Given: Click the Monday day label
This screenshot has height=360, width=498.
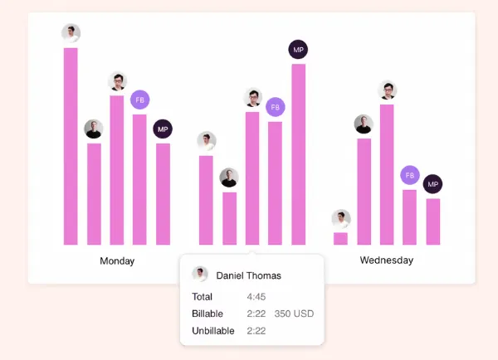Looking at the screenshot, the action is [x=117, y=261].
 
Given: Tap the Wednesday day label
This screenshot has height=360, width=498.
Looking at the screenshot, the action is [x=387, y=260].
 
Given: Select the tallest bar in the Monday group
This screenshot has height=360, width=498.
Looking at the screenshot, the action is [x=71, y=146].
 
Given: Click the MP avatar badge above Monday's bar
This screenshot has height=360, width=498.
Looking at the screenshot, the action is [x=163, y=129].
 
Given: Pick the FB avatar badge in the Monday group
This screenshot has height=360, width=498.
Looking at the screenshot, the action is [x=139, y=100].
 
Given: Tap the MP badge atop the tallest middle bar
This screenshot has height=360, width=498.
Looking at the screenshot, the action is [x=298, y=50].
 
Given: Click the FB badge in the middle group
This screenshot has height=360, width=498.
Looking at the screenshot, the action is [x=276, y=107].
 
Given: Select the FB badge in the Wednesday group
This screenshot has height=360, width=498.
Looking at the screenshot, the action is [x=410, y=175].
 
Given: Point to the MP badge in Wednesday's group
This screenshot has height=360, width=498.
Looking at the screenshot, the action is [x=432, y=184].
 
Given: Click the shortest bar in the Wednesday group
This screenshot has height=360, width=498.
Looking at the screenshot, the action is [x=340, y=239].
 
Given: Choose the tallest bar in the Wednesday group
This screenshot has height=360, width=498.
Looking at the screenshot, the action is [x=387, y=174].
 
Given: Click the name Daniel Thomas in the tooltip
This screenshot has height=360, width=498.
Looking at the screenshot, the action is [x=249, y=275].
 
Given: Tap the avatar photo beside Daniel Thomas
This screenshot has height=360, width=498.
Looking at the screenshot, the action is [x=200, y=274].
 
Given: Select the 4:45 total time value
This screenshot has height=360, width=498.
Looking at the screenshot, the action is [x=256, y=297].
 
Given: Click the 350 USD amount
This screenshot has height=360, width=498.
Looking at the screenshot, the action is [x=294, y=314].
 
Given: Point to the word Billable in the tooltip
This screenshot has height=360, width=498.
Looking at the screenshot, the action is [x=207, y=314].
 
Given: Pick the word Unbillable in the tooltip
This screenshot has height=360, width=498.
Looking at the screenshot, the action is [x=213, y=331].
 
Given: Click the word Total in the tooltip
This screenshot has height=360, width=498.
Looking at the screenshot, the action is [x=202, y=297].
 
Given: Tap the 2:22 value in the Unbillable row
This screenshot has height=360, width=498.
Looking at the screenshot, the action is [x=256, y=331].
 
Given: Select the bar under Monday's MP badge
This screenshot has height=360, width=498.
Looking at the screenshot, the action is [x=163, y=194].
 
